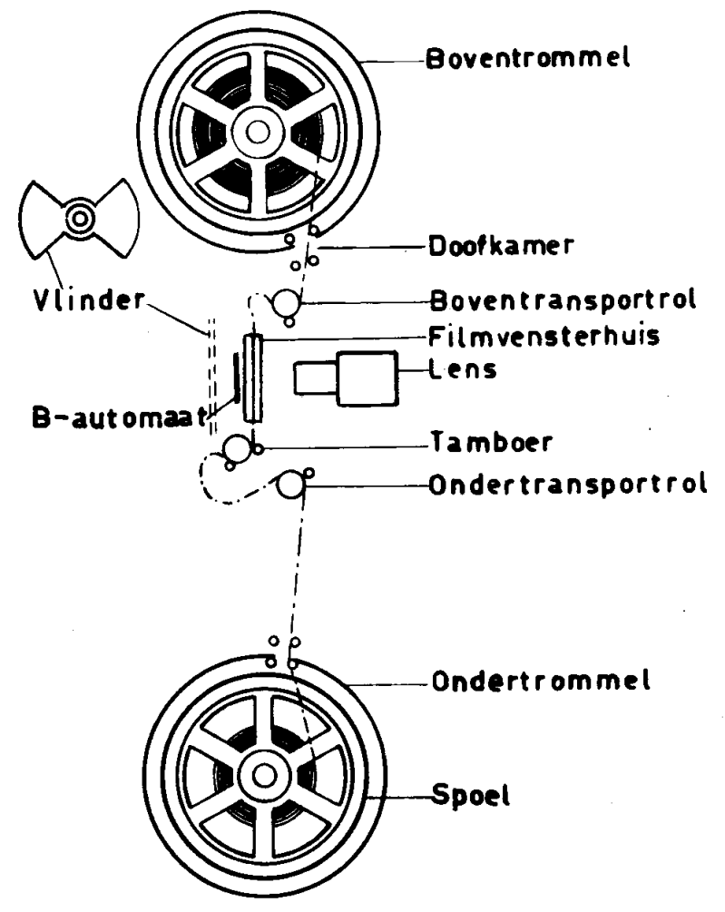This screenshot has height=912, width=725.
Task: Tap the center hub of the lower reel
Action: [263, 777]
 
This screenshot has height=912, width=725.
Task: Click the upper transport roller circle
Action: [287, 302]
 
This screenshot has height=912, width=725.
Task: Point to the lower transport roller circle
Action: [290, 485]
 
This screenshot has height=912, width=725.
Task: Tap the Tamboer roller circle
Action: [237, 447]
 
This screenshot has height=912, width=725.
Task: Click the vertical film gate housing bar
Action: [252, 378]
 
